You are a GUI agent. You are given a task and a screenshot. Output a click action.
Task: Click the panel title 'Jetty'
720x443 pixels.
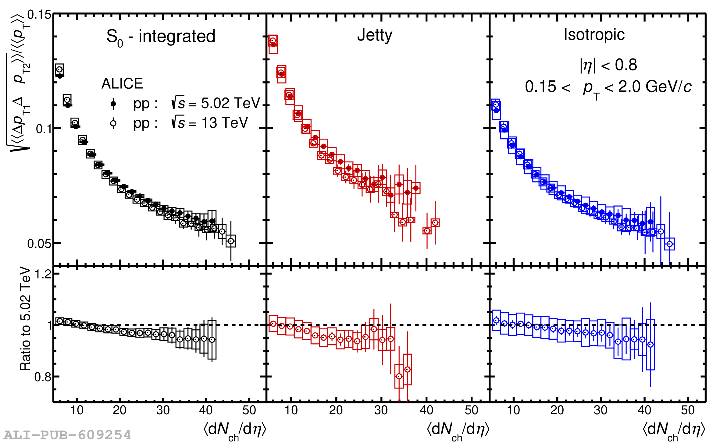click(x=375, y=35)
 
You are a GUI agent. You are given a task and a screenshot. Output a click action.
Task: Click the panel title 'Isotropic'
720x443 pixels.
click(x=594, y=34)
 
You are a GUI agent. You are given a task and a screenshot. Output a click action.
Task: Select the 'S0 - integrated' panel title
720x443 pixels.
click(x=161, y=37)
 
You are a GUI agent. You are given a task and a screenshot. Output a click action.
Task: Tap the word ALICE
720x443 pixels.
click(x=122, y=83)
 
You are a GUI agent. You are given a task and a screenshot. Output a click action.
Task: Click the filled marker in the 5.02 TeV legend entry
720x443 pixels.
click(x=113, y=104)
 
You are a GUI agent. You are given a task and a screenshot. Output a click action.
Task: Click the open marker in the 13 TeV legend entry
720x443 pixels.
click(x=113, y=123)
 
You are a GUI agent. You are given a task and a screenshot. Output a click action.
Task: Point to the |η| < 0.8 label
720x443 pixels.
click(x=608, y=65)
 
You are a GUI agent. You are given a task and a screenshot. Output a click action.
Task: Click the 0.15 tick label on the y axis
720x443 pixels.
click(x=39, y=15)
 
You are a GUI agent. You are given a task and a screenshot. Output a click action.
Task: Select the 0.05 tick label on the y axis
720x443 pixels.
click(x=39, y=244)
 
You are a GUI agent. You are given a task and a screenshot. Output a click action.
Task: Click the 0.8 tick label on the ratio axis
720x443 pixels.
click(x=43, y=377)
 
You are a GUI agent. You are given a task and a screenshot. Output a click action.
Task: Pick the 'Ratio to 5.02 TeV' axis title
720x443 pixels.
click(x=25, y=319)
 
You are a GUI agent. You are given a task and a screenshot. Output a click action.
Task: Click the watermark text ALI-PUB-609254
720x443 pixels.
click(x=67, y=435)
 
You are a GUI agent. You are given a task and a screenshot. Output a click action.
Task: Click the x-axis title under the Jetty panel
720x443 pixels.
click(x=458, y=430)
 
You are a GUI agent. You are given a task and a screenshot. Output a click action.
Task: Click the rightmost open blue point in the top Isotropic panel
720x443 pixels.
click(x=670, y=244)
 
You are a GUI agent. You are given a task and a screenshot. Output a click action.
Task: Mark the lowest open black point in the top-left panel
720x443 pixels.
click(x=231, y=241)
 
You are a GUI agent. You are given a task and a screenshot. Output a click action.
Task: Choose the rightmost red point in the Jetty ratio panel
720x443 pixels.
click(x=408, y=370)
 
